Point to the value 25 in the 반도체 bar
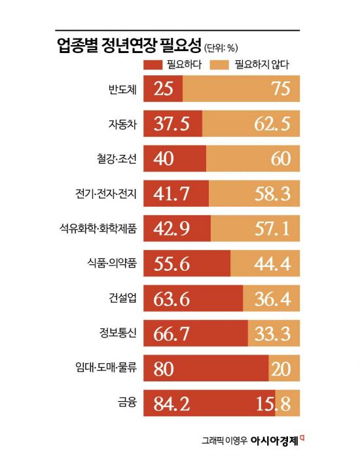tap(164, 89)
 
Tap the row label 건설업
tap(122, 298)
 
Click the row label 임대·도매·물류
tap(104, 368)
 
